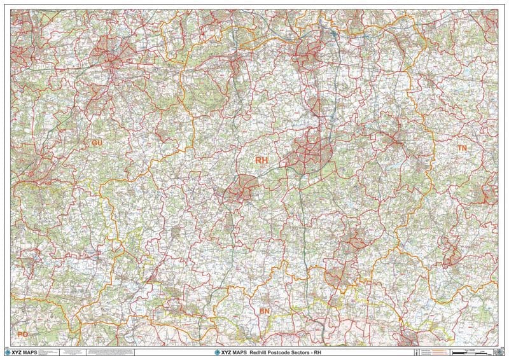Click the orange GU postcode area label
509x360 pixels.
click(x=97, y=143)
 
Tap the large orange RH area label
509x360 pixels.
click(x=261, y=160)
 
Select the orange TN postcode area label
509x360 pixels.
click(x=462, y=148)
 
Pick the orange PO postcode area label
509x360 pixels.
click(x=23, y=334)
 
